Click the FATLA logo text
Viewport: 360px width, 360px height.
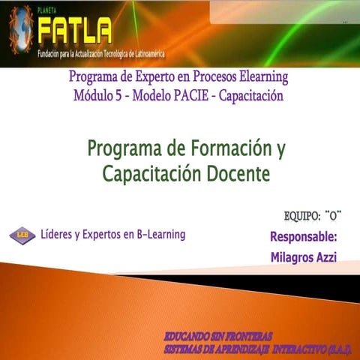point(74,31)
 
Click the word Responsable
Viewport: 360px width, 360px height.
point(302,238)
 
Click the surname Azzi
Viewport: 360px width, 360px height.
point(327,257)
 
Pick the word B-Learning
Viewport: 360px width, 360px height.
point(154,235)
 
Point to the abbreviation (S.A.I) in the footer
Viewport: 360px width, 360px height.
point(340,348)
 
